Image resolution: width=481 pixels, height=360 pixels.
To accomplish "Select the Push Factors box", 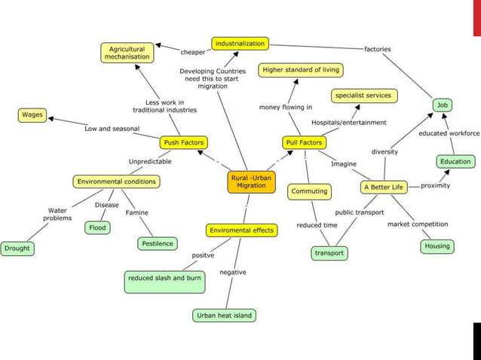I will tap(183, 142).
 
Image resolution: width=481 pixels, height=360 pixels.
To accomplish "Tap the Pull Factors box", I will tap(304, 142).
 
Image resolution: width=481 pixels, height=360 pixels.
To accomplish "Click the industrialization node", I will tap(240, 44).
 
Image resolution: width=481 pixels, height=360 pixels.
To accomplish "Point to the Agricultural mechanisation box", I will tap(127, 53).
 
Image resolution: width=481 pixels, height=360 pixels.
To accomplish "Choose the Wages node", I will tap(32, 115).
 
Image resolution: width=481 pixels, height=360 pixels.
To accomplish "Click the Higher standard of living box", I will tap(300, 70).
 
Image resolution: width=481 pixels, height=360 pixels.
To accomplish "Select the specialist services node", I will tap(364, 96).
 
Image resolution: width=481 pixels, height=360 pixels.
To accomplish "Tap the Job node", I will tap(443, 105).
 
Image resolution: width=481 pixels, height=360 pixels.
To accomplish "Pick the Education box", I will tap(455, 161).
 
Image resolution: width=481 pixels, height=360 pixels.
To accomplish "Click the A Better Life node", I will tap(384, 187).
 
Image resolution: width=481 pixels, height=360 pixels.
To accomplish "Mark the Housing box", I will tap(437, 246).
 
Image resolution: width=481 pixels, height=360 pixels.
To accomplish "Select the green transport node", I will tap(329, 253).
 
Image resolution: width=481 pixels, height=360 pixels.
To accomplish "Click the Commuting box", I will tap(310, 191).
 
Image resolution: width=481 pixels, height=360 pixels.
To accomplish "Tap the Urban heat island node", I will tap(224, 315).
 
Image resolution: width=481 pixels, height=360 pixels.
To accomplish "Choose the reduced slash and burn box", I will tap(164, 278).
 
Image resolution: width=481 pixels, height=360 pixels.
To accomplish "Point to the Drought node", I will tap(17, 248).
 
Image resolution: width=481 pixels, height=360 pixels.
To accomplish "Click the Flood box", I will tap(97, 227).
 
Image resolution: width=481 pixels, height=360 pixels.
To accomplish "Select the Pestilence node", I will tap(158, 243).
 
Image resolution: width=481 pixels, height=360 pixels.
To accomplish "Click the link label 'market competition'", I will tap(417, 224).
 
